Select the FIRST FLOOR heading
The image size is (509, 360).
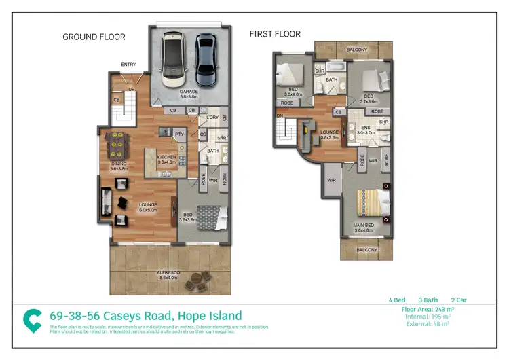coord(275,33)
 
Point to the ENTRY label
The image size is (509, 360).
coord(128,65)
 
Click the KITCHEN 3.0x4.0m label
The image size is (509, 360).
coord(167,160)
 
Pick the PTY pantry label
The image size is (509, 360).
coord(180,135)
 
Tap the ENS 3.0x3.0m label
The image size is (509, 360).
coord(366,130)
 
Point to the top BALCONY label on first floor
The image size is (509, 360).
coord(357,50)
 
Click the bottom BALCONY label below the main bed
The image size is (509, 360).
coord(366,250)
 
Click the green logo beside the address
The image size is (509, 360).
coord(33,320)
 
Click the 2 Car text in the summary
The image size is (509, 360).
coord(457,300)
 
